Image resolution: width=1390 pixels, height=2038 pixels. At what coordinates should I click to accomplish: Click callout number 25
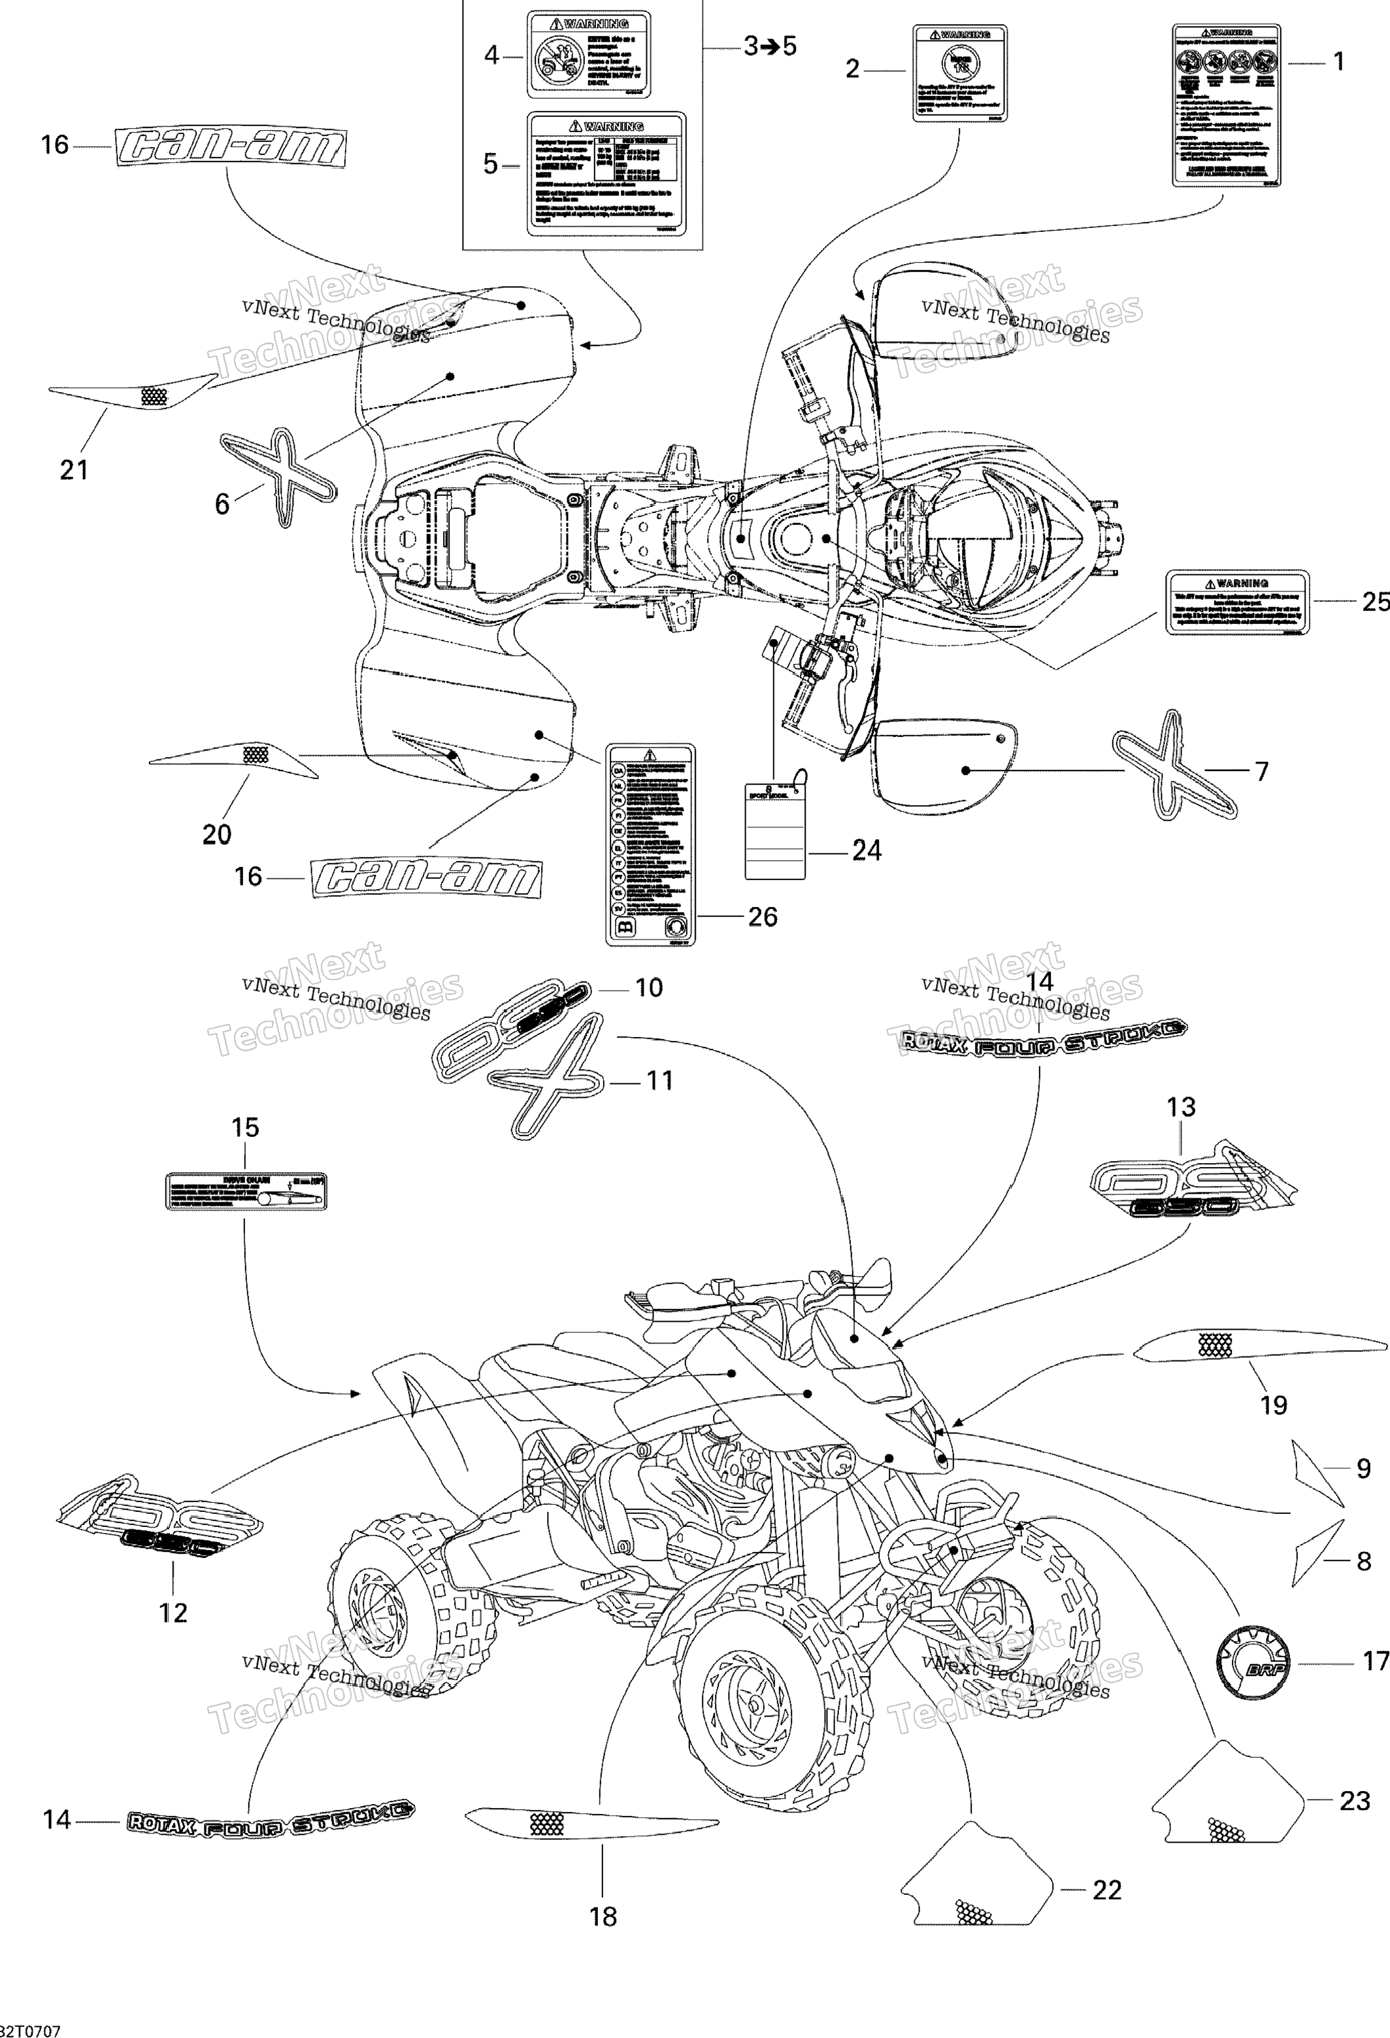(x=1374, y=602)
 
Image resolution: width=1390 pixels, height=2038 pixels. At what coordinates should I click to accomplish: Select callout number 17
(x=1374, y=1662)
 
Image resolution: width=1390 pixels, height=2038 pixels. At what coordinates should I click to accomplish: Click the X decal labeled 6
(x=277, y=476)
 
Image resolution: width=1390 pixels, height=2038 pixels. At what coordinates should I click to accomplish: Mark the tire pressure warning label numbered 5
(x=605, y=174)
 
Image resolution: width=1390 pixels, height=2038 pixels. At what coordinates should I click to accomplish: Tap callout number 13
(x=1180, y=1108)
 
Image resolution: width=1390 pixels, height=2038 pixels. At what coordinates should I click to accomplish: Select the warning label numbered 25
(x=1236, y=602)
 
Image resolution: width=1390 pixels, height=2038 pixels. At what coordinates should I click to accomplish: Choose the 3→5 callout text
(x=770, y=46)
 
